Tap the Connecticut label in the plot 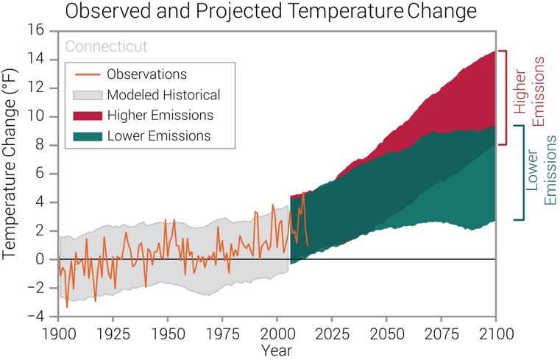point(107,46)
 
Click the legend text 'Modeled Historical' point(163,95)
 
